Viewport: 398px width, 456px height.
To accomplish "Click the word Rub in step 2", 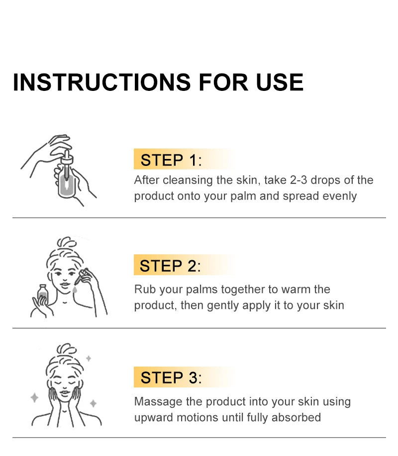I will coord(144,289).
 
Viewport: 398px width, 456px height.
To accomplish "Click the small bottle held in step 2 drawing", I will coord(43,295).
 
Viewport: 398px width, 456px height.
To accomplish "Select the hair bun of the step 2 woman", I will coord(67,244).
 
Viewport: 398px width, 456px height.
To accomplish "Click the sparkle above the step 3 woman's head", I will coord(89,358).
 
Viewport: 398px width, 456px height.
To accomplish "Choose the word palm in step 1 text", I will coord(242,196).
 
